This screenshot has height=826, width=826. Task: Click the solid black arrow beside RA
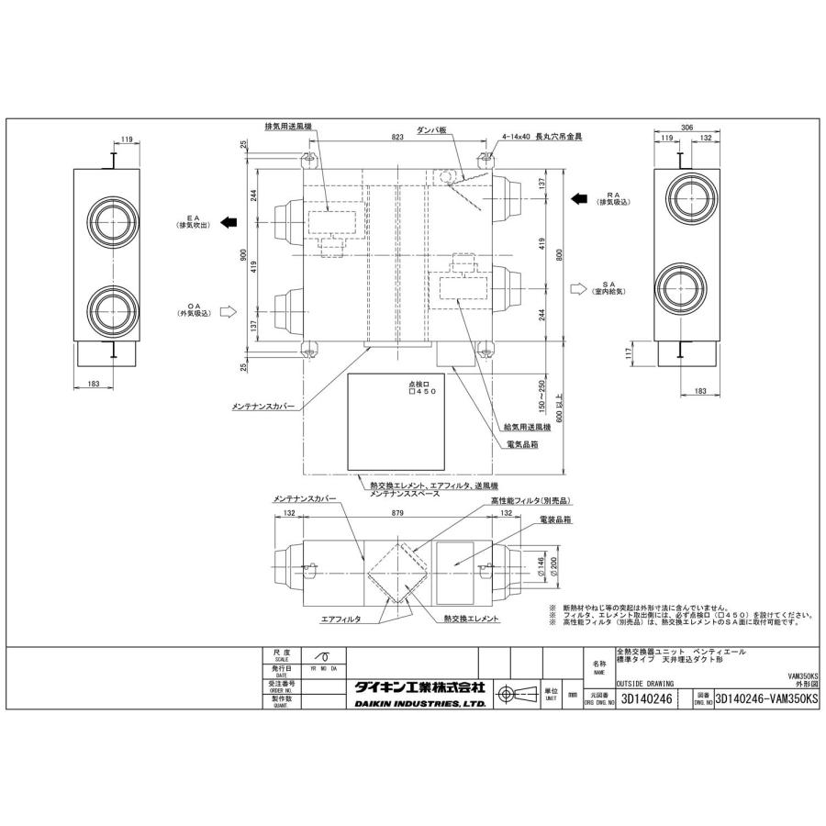(x=579, y=197)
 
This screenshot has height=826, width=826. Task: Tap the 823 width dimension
(x=396, y=138)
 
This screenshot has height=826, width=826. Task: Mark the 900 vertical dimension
(x=244, y=259)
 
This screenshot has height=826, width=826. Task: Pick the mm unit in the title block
(x=572, y=696)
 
